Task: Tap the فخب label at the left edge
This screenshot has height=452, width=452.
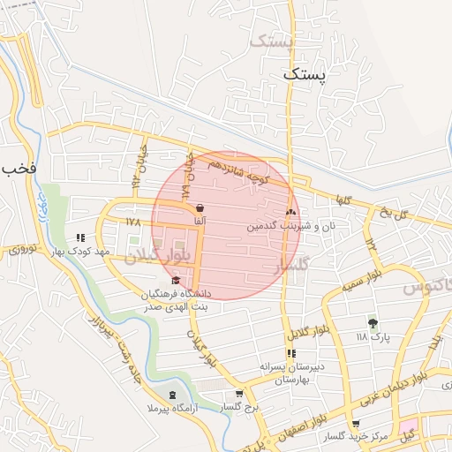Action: pos(17,168)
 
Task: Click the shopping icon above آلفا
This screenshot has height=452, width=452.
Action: pos(200,208)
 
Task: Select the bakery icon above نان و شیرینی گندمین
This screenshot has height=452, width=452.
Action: pos(290,212)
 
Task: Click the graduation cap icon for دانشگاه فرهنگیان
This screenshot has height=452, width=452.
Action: pos(175,280)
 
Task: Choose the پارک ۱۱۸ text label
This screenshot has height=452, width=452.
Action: pos(372,337)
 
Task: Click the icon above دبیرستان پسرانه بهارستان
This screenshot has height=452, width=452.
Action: pos(291,353)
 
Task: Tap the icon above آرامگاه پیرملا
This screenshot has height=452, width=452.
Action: pos(170,394)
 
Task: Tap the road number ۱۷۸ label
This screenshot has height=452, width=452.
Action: pos(133,221)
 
